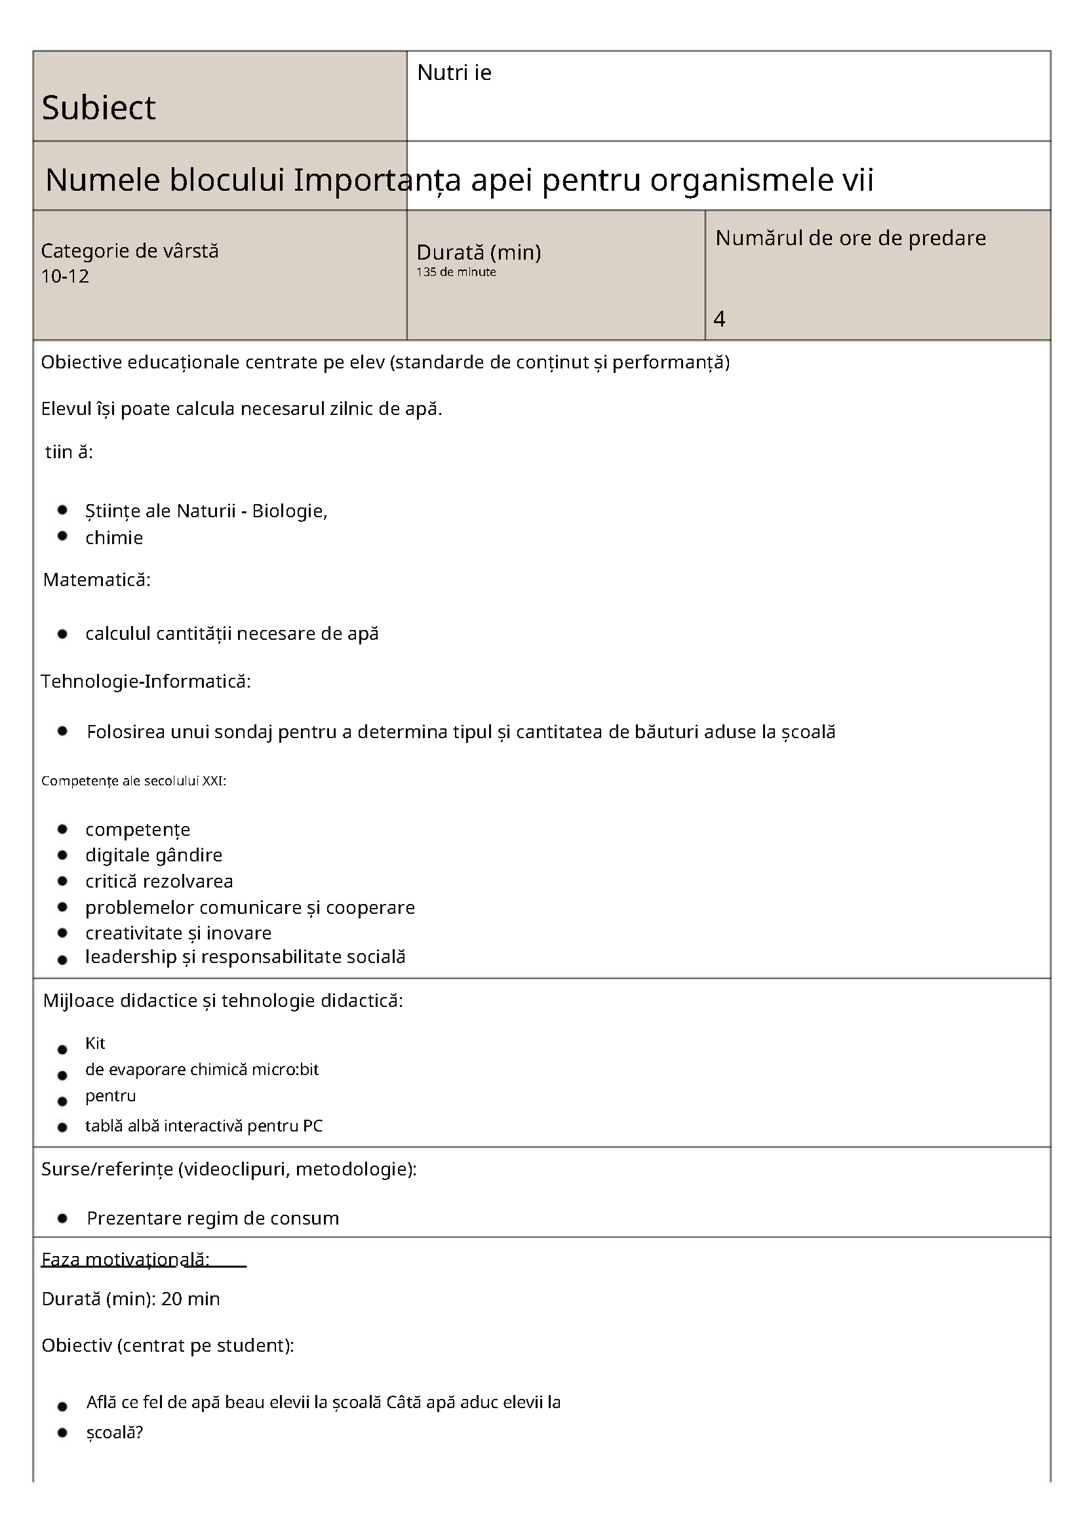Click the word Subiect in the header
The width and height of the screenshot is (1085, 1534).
point(98,108)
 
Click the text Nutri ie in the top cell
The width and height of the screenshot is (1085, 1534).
point(454,73)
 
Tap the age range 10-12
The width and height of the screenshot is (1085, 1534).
point(65,277)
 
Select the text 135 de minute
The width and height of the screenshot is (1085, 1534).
point(456,272)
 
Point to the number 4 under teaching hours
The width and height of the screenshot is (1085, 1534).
point(719,319)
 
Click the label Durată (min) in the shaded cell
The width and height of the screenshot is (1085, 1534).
point(479,252)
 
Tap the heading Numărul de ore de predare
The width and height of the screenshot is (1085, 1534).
point(850,239)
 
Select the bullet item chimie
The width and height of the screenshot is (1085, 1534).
point(113,538)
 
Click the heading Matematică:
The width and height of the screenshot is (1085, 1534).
point(97,580)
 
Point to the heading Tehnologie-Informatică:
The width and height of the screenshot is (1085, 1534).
point(146,682)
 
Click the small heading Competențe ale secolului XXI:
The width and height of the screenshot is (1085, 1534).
point(134,781)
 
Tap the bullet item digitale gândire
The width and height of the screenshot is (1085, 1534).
point(153,855)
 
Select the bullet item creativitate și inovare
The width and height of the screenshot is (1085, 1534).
point(178,933)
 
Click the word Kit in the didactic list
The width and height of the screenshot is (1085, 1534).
point(95,1043)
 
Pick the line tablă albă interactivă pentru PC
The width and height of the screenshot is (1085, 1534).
point(203,1126)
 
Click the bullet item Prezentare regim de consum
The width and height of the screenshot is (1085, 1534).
point(212,1218)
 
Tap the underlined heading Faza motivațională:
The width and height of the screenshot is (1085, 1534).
point(126,1259)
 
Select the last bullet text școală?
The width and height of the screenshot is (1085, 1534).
point(115,1432)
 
